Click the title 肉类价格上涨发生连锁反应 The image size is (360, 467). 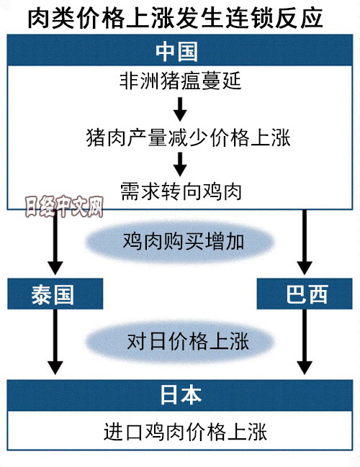pos(175,19)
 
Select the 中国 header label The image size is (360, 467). pos(176,52)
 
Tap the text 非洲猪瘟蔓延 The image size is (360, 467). pos(180,81)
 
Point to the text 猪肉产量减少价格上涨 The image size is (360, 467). pos(189,137)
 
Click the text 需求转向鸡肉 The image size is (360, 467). pos(181,191)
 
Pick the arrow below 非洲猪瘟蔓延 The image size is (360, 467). pos(180,109)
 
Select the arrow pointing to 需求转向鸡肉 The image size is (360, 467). pos(180,164)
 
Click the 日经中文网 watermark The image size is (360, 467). pos(64,206)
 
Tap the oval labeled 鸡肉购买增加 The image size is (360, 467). pos(180,242)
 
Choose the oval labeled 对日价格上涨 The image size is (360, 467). pos(180,341)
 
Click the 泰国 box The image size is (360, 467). pos(55,294)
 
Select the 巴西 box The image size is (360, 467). pos(305,294)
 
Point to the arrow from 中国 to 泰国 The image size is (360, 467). pos(55,242)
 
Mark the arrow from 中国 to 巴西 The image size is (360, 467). pos(305,242)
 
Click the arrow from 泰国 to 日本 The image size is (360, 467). pos(55,342)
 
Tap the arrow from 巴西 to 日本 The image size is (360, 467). pos(305,342)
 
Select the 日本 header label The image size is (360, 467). pos(181,395)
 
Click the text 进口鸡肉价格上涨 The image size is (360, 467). pos(185,432)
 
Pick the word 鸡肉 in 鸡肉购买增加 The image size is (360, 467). pos(143,241)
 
